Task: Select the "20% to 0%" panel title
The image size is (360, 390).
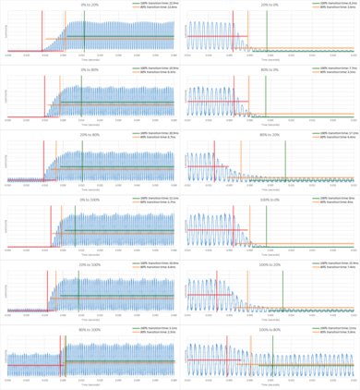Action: pos(270,4)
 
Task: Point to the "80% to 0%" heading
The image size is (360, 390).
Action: pos(270,68)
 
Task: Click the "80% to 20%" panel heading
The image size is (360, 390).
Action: pos(270,133)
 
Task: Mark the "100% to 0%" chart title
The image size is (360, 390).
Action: pos(270,198)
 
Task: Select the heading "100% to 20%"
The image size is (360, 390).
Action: pos(270,262)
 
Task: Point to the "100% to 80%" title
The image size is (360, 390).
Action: pos(270,327)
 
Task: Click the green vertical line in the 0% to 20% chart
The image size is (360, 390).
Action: pos(83,37)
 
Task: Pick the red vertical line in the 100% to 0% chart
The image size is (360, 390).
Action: pos(218,231)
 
